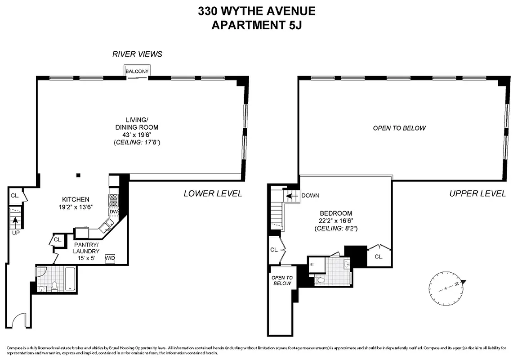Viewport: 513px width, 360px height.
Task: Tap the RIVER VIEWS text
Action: point(137,54)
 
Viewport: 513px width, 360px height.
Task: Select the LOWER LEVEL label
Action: point(213,193)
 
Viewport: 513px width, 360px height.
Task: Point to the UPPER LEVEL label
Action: point(477,193)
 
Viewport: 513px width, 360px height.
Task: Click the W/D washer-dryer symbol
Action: point(110,258)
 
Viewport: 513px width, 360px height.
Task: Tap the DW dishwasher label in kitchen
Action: point(114,211)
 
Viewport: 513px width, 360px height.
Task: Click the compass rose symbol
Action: point(446,287)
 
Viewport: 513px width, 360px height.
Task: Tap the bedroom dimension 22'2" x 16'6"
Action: point(336,221)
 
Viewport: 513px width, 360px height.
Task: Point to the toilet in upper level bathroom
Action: point(321,280)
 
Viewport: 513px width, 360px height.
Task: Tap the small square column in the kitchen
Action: point(78,175)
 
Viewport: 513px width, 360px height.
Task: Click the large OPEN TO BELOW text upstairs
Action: point(399,128)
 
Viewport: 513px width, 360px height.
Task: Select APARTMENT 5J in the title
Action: point(257,25)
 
